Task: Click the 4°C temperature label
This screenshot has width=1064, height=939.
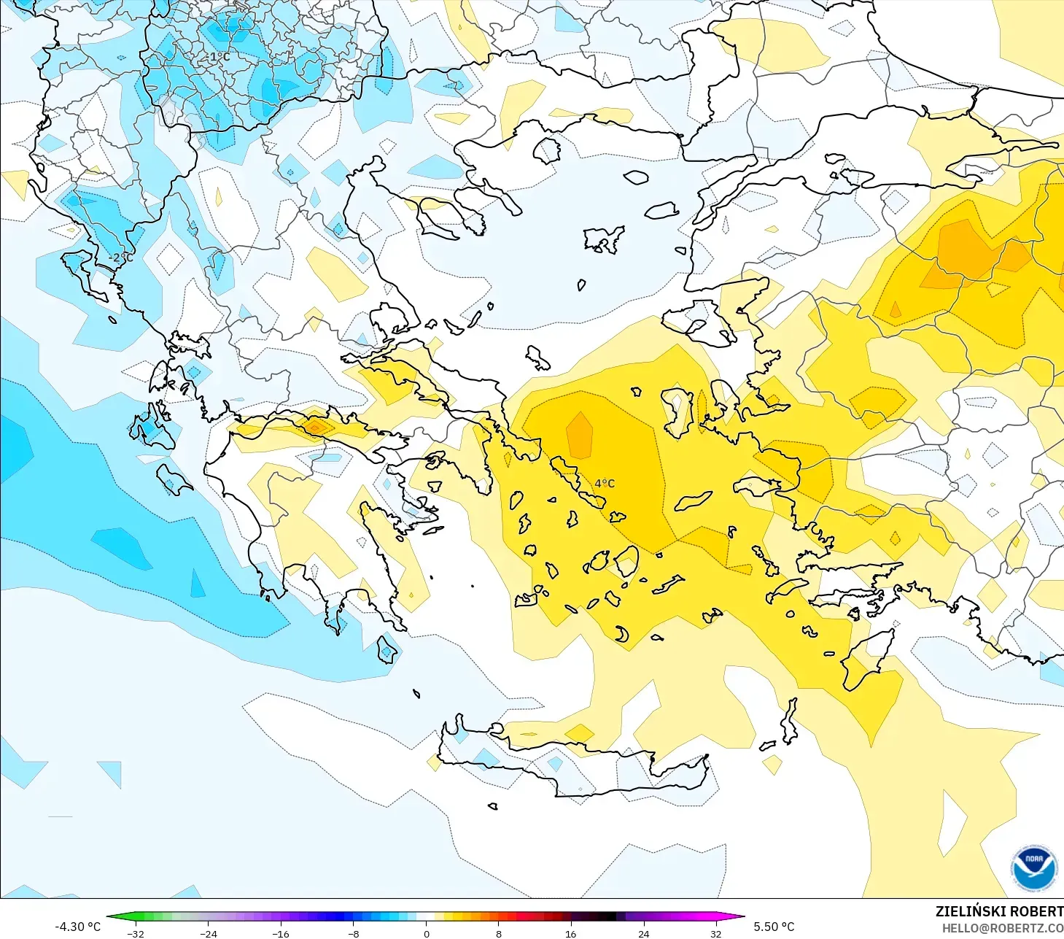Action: point(605,483)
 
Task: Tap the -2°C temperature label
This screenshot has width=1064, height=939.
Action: point(121,258)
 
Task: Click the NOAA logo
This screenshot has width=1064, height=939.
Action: point(1033,869)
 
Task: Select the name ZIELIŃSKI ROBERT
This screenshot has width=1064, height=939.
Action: point(999,911)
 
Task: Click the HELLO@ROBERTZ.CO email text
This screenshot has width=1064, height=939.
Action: point(1002,928)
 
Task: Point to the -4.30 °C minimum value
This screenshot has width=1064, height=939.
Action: point(78,927)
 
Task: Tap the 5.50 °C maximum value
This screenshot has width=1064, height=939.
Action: point(774,927)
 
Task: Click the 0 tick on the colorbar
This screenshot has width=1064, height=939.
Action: point(427,933)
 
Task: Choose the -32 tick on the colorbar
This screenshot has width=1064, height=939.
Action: point(136,933)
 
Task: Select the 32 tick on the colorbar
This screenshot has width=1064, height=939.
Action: point(716,933)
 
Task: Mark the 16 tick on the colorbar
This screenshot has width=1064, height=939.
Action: point(571,933)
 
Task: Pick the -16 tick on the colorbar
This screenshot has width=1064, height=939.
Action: point(281,933)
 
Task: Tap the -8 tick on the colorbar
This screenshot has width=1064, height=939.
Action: point(354,933)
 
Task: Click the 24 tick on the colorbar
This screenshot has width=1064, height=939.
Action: point(643,933)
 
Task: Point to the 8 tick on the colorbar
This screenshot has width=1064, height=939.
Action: point(499,933)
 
